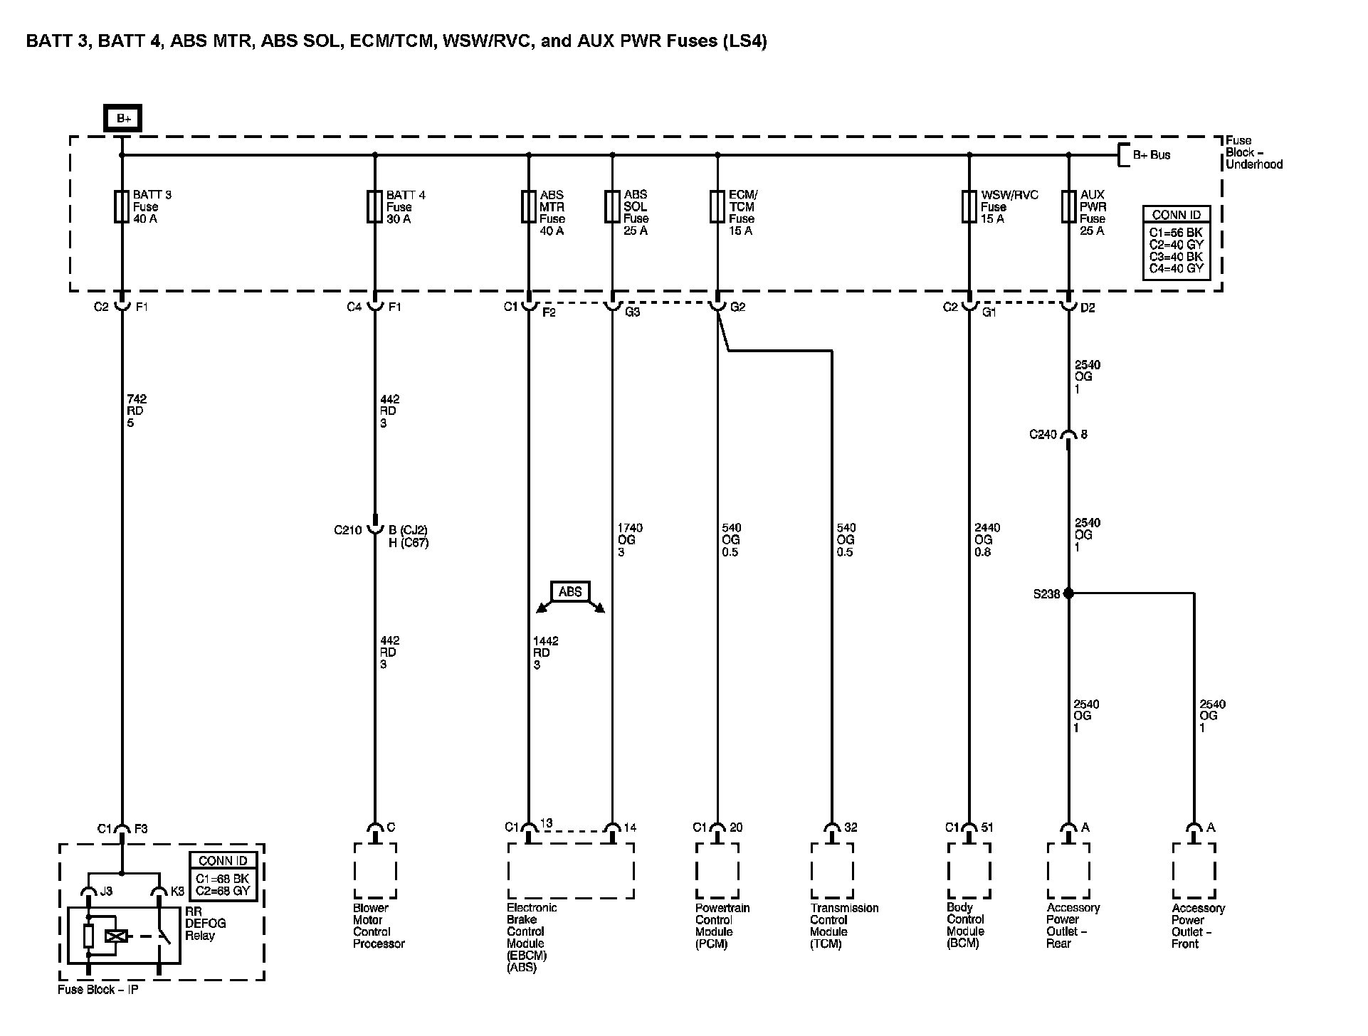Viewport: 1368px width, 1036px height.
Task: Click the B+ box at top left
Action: coord(123,118)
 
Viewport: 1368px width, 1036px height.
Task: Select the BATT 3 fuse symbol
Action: coord(122,206)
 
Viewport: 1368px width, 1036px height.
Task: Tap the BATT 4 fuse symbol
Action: coord(375,206)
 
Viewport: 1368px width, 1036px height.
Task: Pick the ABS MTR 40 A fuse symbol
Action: coord(529,206)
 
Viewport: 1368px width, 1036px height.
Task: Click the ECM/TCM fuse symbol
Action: coord(717,206)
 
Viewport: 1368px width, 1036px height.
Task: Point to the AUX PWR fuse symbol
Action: coord(1068,206)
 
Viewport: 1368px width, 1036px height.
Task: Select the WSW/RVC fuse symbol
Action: coord(969,206)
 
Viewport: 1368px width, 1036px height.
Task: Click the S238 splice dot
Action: coord(1068,593)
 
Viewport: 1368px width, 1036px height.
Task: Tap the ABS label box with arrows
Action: coord(570,591)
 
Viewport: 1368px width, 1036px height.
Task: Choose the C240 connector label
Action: coord(1043,435)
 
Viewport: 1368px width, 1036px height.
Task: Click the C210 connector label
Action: coord(348,530)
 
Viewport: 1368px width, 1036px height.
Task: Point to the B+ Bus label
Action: coord(1151,154)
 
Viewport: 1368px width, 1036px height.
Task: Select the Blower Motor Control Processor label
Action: coord(379,926)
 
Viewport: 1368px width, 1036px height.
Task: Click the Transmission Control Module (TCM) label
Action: coord(844,926)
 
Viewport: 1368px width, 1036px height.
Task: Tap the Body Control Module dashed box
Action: coord(969,871)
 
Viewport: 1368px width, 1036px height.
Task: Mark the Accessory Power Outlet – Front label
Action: coord(1198,926)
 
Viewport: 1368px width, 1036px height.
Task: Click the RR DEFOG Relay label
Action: coord(206,924)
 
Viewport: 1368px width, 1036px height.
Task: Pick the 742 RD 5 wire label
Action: coord(136,411)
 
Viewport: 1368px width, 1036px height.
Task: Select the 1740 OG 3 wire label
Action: coord(630,539)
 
